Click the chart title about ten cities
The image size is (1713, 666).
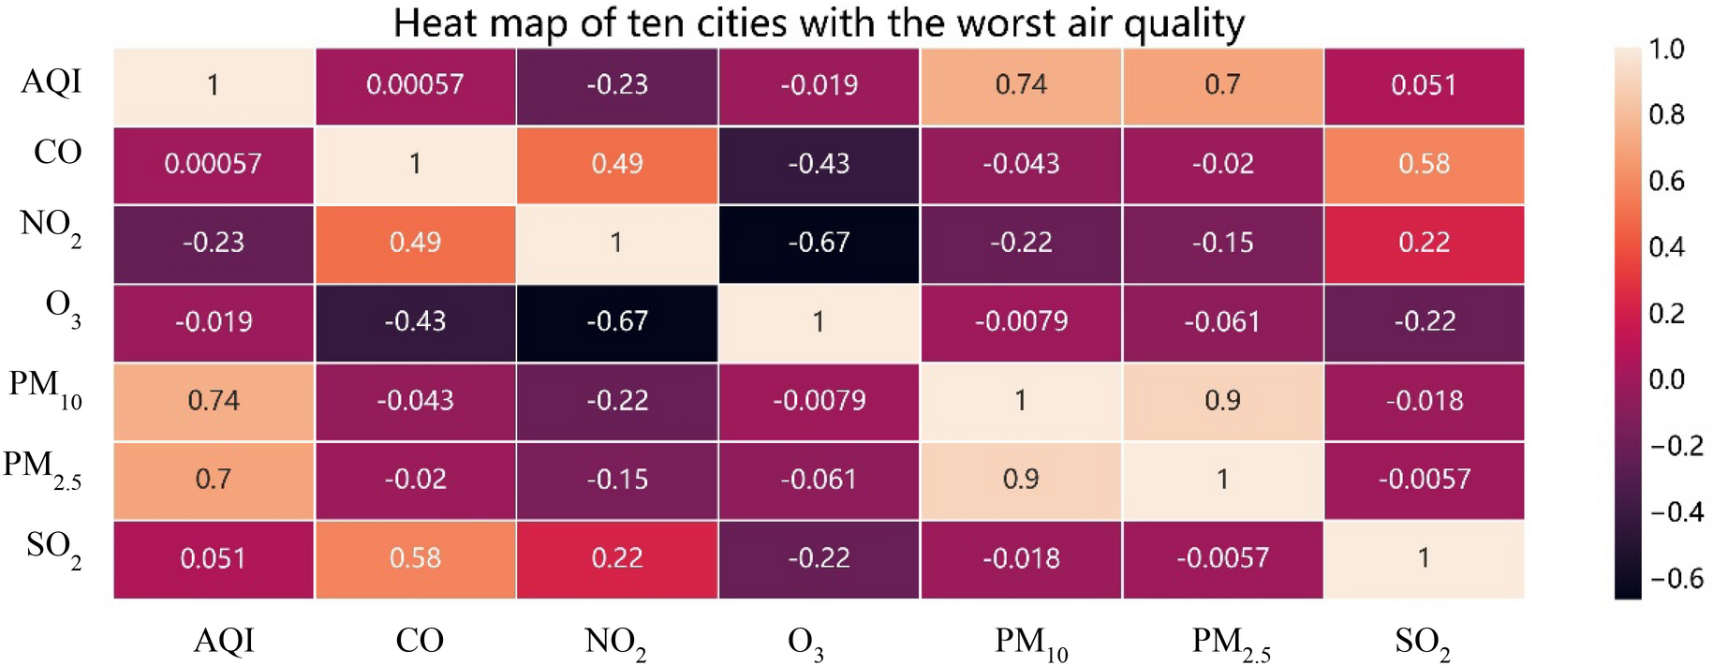(x=819, y=22)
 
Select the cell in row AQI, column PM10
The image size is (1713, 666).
(x=1021, y=85)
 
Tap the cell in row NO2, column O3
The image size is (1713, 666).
(x=819, y=243)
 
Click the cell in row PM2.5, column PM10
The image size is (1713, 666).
(x=1021, y=480)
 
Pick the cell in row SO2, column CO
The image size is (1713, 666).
(x=415, y=558)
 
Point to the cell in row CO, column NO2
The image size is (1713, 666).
(x=616, y=164)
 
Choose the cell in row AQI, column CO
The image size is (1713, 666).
(x=415, y=85)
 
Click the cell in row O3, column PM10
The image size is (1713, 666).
(x=1021, y=322)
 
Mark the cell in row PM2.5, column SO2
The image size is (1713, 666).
(x=1424, y=480)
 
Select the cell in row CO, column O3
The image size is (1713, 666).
(x=819, y=164)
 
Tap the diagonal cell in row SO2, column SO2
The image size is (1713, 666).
(x=1424, y=558)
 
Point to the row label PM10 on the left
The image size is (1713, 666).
(x=45, y=388)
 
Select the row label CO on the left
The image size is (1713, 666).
(x=57, y=152)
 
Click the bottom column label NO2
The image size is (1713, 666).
(x=614, y=643)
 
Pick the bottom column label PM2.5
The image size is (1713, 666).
(x=1230, y=644)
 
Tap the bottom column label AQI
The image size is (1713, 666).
(x=224, y=641)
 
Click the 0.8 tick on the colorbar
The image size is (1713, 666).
(x=1665, y=114)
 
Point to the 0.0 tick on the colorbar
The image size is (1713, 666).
(x=1665, y=379)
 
